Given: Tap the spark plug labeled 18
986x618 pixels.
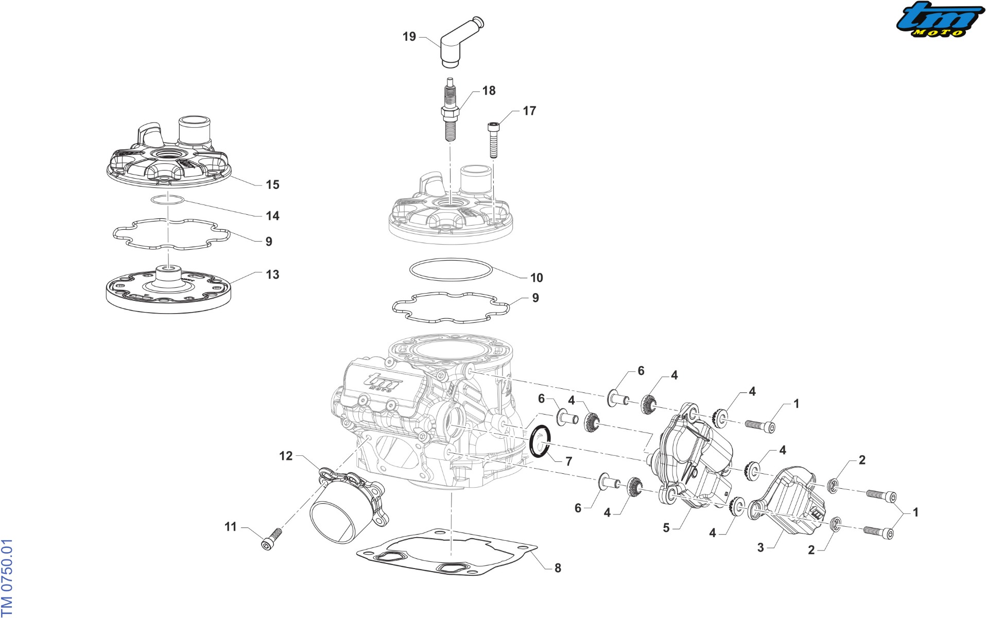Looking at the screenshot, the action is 450,109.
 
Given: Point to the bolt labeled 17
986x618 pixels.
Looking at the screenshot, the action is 493,140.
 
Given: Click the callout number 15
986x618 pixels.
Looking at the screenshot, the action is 272,184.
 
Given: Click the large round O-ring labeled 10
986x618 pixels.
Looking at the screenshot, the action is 451,270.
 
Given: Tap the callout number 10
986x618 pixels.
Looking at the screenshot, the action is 537,278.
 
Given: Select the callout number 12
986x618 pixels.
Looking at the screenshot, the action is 286,456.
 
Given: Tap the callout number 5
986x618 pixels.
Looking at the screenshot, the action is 666,528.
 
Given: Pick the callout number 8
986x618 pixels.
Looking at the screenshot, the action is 558,568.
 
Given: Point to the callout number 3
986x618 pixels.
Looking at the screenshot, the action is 760,547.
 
